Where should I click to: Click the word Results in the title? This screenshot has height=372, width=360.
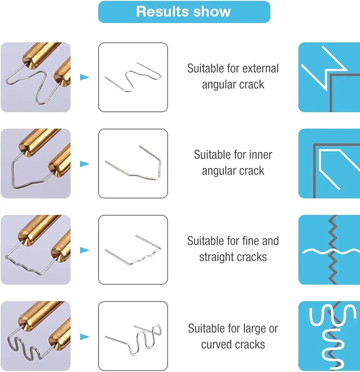tap(162, 12)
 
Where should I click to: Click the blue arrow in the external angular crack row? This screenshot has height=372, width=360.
tap(85, 77)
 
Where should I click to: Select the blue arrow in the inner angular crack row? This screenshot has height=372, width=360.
tap(85, 164)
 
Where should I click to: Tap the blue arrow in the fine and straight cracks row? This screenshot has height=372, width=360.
tap(85, 250)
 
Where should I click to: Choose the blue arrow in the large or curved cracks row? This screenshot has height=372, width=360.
tap(85, 337)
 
